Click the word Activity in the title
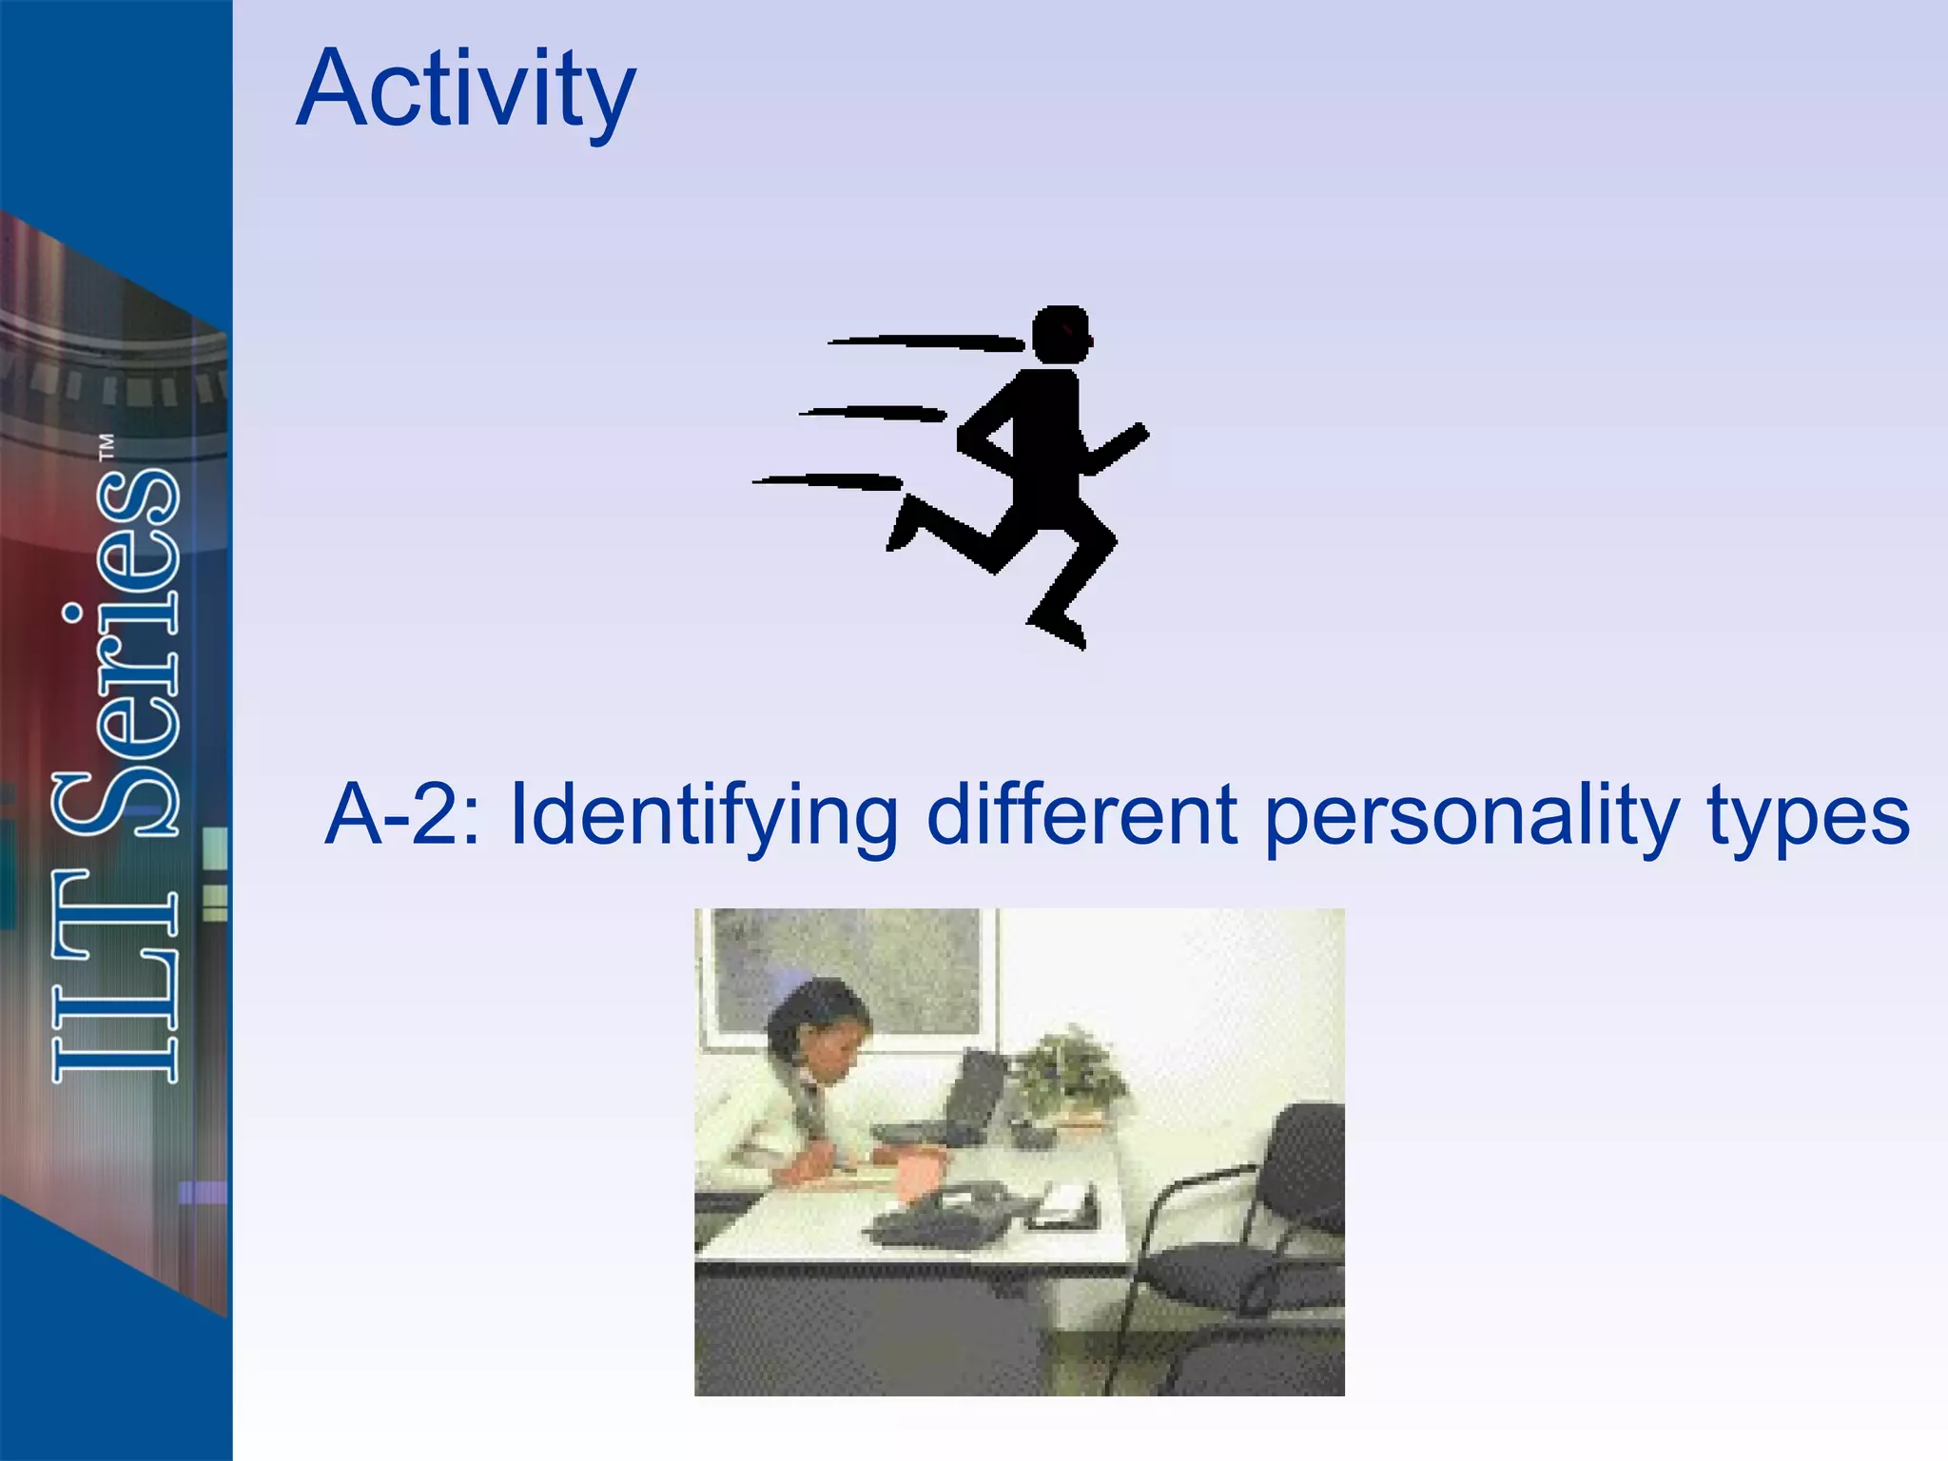[x=465, y=90]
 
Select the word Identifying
[x=705, y=816]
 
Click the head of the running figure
[x=1061, y=334]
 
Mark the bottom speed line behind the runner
[x=828, y=481]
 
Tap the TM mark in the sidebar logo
[x=107, y=447]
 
